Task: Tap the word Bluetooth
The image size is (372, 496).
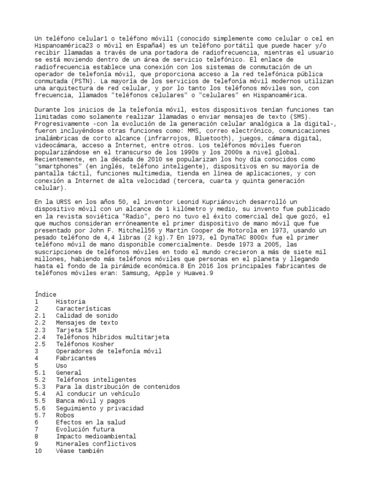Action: [200, 138]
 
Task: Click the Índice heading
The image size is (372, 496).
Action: [46, 294]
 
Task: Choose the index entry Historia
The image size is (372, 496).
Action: [71, 301]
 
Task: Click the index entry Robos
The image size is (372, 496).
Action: [65, 415]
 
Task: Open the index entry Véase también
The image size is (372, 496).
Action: [79, 451]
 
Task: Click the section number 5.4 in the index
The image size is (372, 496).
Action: [40, 394]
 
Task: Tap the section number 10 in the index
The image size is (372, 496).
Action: [39, 451]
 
